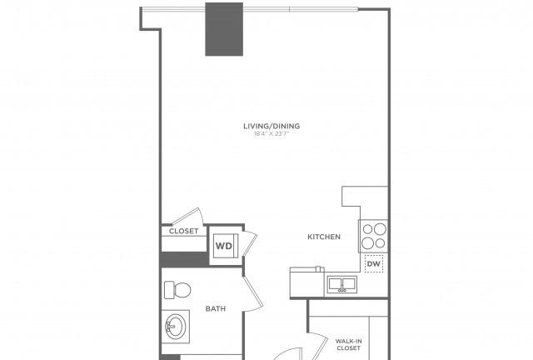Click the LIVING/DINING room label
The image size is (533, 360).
pyautogui.click(x=271, y=126)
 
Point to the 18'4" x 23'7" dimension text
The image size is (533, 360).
pyautogui.click(x=271, y=133)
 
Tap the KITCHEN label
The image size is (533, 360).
pyautogui.click(x=324, y=237)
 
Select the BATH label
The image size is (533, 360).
pyautogui.click(x=216, y=308)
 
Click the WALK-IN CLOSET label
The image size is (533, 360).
pyautogui.click(x=348, y=345)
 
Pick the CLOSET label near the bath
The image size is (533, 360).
pyautogui.click(x=183, y=231)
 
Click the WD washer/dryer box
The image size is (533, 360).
pyautogui.click(x=224, y=246)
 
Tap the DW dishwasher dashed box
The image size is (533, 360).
pyautogui.click(x=374, y=263)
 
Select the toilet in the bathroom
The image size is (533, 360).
pyautogui.click(x=177, y=290)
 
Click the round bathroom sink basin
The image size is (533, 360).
pyautogui.click(x=176, y=327)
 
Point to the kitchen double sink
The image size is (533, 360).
pyautogui.click(x=342, y=284)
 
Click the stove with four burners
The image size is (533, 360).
pyautogui.click(x=374, y=236)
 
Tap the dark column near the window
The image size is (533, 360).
pyautogui.click(x=224, y=29)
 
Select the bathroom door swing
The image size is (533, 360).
pyautogui.click(x=253, y=294)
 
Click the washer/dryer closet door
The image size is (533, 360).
pyautogui.click(x=250, y=244)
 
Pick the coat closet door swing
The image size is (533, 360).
pyautogui.click(x=187, y=216)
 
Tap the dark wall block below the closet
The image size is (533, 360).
pyautogui.click(x=184, y=260)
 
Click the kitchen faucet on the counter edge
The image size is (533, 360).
pyautogui.click(x=318, y=269)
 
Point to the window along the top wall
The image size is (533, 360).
pyautogui.click(x=250, y=9)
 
